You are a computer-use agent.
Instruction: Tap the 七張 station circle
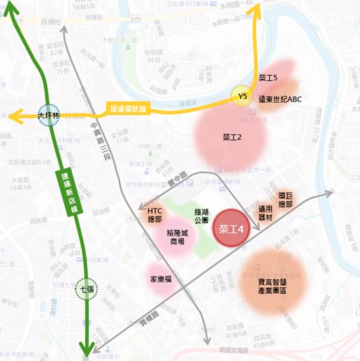point(85,287)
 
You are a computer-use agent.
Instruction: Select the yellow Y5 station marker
point(243,96)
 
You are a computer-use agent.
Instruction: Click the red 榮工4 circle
point(230,228)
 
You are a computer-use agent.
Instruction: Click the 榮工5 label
point(268,78)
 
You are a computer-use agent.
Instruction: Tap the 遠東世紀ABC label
point(280,98)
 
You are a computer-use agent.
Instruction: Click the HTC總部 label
point(156,214)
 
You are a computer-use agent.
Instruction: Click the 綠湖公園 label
point(202,215)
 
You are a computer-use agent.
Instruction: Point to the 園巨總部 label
point(286,200)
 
